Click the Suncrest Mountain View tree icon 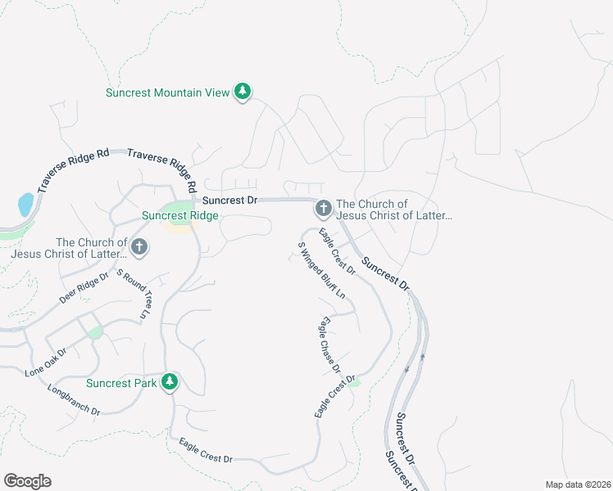click(x=242, y=92)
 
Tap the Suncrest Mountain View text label click(x=167, y=92)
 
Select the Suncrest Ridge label click(x=180, y=215)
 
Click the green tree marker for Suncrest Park click(x=170, y=382)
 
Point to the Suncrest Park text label click(x=121, y=383)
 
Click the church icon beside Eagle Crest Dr click(x=323, y=209)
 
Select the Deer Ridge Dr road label click(x=84, y=289)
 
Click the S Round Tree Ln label click(x=134, y=295)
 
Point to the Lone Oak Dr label click(x=46, y=362)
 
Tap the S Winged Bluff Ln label click(x=321, y=270)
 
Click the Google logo click(x=27, y=481)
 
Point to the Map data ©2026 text click(x=578, y=484)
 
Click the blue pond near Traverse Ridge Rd click(x=25, y=205)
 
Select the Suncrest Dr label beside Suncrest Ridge click(x=230, y=200)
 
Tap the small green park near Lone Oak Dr click(x=96, y=331)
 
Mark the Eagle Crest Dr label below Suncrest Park click(x=206, y=451)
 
